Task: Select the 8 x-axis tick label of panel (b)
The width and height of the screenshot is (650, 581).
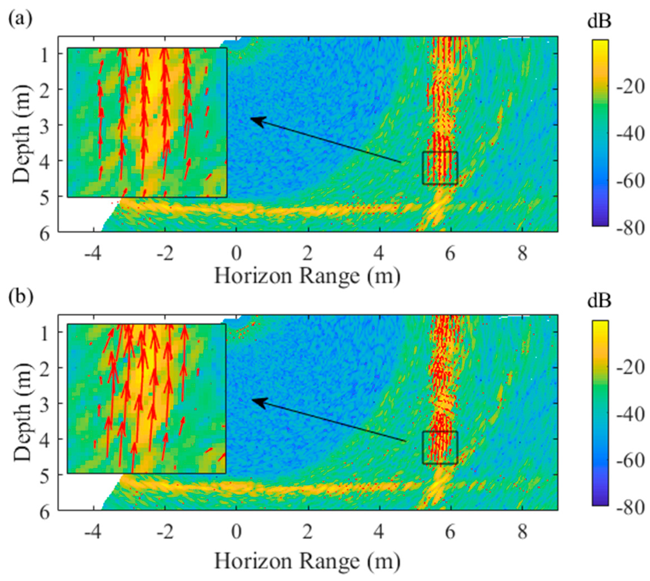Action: pos(522,533)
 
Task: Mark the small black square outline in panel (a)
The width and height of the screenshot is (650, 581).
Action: pos(440,168)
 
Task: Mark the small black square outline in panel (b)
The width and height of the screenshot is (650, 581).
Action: pos(440,447)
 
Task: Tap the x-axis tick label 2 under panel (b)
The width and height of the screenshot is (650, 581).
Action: pos(307,533)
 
